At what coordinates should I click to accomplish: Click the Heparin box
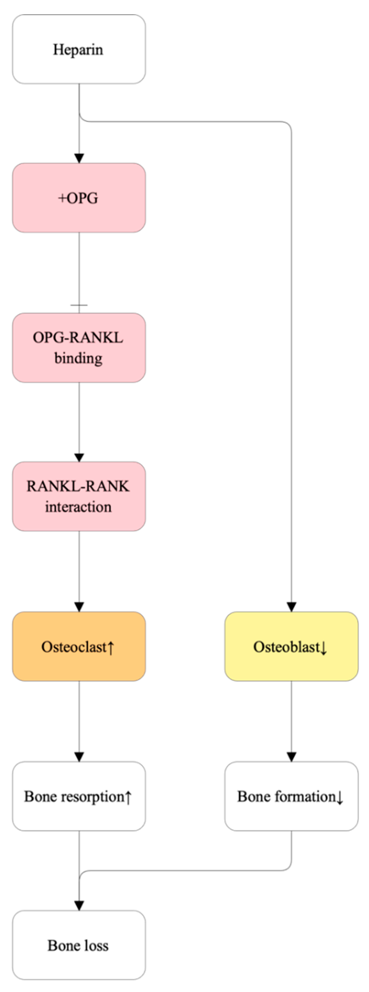tap(79, 49)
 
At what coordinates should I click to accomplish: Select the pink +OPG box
tap(79, 198)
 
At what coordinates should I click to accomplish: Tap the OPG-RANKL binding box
tap(79, 348)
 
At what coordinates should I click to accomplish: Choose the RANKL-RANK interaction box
tap(79, 496)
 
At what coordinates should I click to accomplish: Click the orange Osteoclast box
tap(79, 646)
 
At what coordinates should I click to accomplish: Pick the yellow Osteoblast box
tap(292, 646)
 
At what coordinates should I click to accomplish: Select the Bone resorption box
tap(79, 796)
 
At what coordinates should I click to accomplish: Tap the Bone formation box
tap(292, 796)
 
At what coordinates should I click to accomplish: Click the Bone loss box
tap(79, 945)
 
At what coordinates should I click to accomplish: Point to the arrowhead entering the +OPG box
tap(79, 158)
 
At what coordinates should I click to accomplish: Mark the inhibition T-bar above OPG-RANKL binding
tap(79, 305)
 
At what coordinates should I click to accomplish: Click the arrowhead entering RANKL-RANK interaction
tap(79, 457)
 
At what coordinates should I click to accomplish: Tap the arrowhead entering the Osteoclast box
tap(79, 607)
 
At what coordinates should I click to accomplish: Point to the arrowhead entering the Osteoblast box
tap(292, 607)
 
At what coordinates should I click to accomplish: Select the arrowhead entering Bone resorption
tap(79, 757)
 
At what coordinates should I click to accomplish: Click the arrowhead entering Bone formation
tap(292, 757)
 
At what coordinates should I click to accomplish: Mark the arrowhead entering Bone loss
tap(79, 906)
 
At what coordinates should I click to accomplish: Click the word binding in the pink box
tap(79, 358)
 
